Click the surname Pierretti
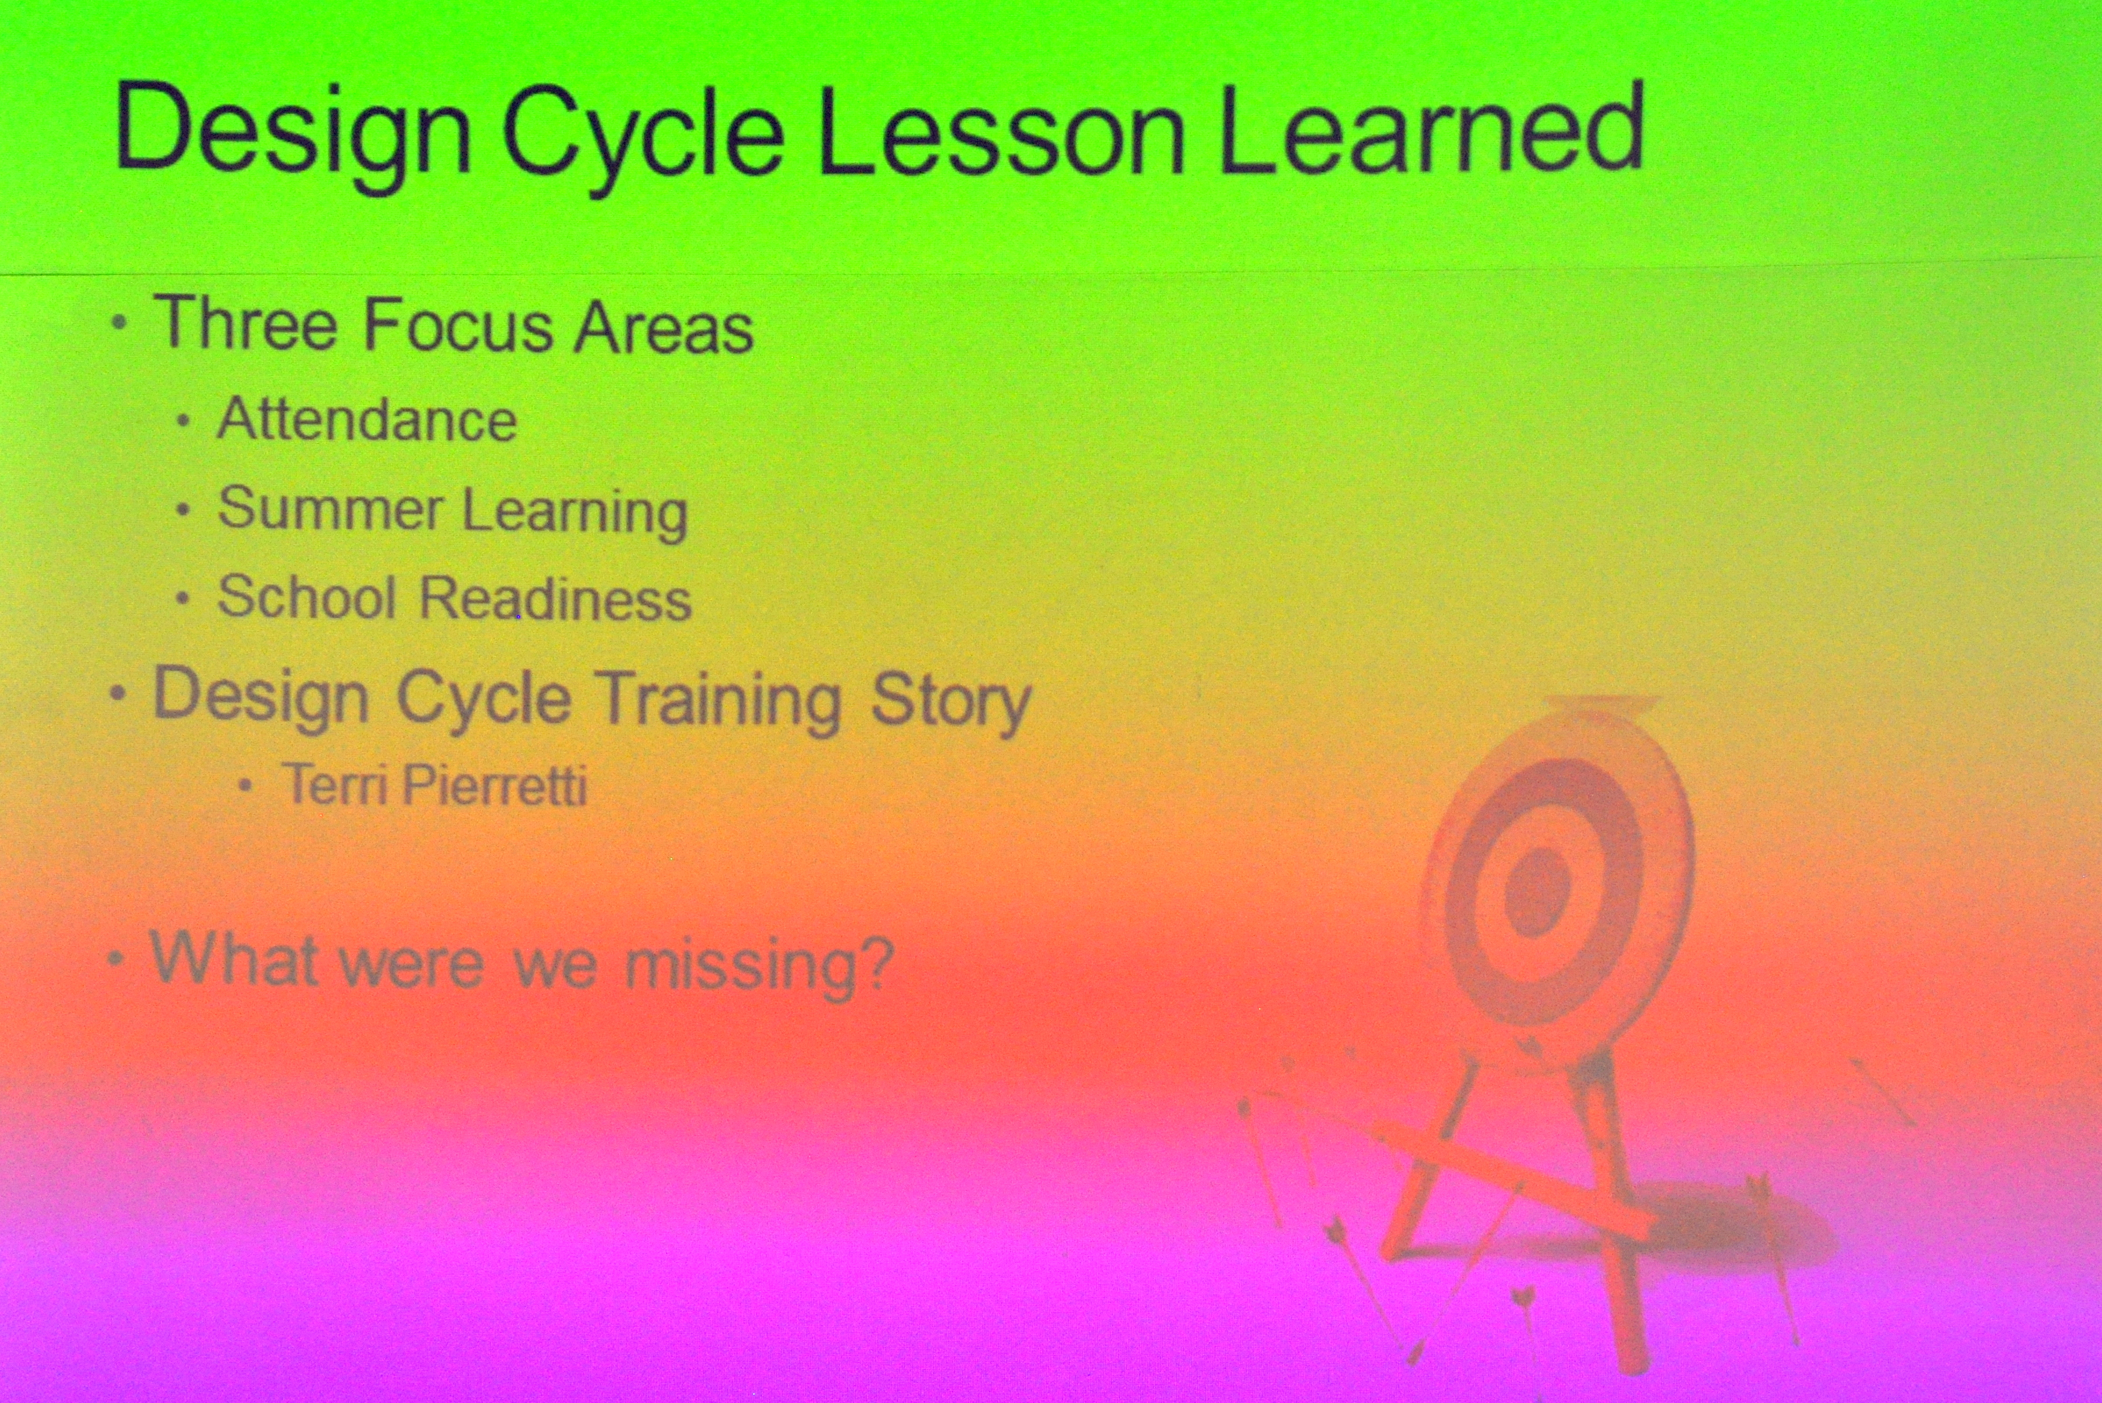[495, 786]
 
